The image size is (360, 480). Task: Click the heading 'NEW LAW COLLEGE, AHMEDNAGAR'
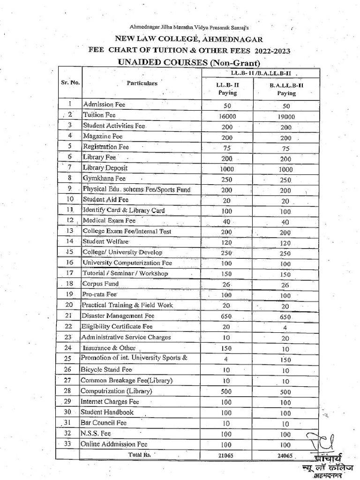[x=186, y=39]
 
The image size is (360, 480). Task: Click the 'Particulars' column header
[x=142, y=83]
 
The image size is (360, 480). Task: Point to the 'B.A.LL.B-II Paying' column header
[x=286, y=89]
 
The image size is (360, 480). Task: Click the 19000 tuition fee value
[x=285, y=117]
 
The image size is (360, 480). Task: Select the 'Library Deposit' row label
[x=105, y=168]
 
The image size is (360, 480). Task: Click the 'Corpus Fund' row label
[x=100, y=284]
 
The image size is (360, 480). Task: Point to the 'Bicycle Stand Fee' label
[x=106, y=369]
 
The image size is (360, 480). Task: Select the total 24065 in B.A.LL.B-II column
[x=285, y=455]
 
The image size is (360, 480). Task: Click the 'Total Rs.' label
[x=141, y=455]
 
